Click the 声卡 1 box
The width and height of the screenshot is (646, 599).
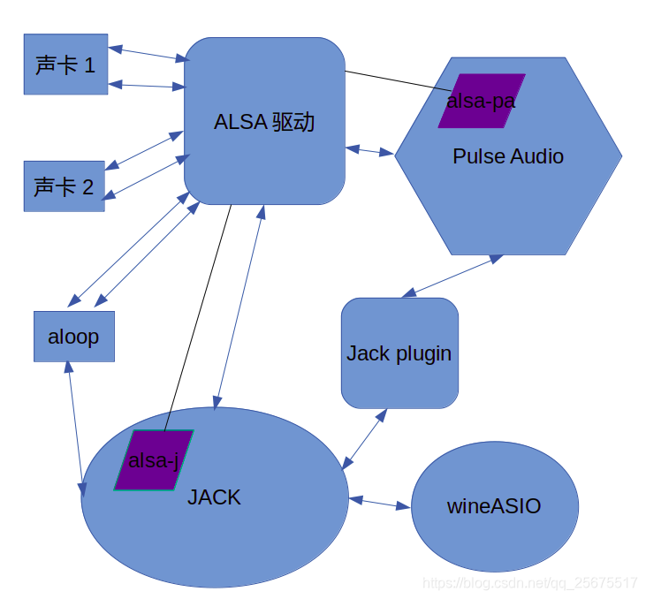65,64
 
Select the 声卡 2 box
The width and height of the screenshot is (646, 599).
64,186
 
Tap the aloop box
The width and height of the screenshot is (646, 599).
74,336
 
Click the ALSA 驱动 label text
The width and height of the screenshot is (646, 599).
264,122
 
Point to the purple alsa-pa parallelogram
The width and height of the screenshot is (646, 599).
482,101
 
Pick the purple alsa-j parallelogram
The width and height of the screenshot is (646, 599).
154,459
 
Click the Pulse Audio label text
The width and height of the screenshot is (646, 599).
508,156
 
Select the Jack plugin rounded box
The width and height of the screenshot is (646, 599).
399,353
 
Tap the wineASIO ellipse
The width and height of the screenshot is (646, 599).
494,506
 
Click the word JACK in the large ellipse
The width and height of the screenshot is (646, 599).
214,497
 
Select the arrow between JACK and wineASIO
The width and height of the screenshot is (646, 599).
380,504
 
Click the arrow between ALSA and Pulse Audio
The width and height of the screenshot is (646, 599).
369,151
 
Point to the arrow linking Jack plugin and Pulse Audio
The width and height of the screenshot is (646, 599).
452,276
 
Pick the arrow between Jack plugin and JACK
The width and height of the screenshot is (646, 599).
365,438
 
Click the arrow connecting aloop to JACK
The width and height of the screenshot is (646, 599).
76,429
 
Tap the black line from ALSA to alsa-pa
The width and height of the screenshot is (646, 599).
398,80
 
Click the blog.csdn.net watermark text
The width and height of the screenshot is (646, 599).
530,583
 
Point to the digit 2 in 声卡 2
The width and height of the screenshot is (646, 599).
87,186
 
